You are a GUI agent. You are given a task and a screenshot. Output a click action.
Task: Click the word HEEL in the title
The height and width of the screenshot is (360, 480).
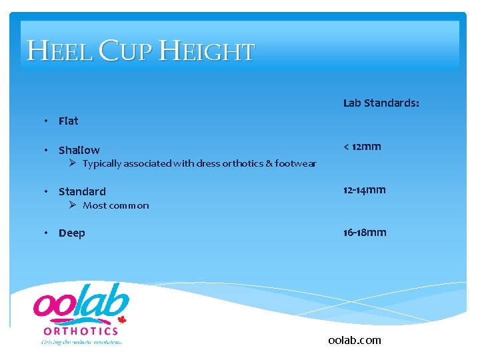59,51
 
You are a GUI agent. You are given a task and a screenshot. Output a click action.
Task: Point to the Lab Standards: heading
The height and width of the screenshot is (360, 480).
381,103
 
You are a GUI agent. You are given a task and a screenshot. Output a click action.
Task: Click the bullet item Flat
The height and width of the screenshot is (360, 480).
68,121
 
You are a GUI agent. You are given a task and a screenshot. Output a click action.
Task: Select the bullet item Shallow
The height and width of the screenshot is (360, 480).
79,150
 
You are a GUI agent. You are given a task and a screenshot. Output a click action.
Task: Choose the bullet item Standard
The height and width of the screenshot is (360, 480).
82,191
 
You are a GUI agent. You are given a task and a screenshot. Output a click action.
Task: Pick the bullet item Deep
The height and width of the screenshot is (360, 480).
71,233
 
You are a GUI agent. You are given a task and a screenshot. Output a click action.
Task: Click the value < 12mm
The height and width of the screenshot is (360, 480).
362,147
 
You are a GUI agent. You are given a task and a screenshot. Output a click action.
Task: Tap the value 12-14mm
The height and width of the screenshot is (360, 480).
364,190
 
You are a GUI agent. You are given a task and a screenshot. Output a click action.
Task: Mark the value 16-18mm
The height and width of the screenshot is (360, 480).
365,233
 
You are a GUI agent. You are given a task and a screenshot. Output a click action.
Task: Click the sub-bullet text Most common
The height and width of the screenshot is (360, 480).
115,205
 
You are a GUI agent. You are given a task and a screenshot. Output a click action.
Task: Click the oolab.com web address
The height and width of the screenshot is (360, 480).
355,340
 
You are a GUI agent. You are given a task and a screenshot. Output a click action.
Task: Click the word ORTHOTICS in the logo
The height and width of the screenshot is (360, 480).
81,331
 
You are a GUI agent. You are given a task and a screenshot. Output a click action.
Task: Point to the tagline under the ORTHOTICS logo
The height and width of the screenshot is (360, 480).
81,341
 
